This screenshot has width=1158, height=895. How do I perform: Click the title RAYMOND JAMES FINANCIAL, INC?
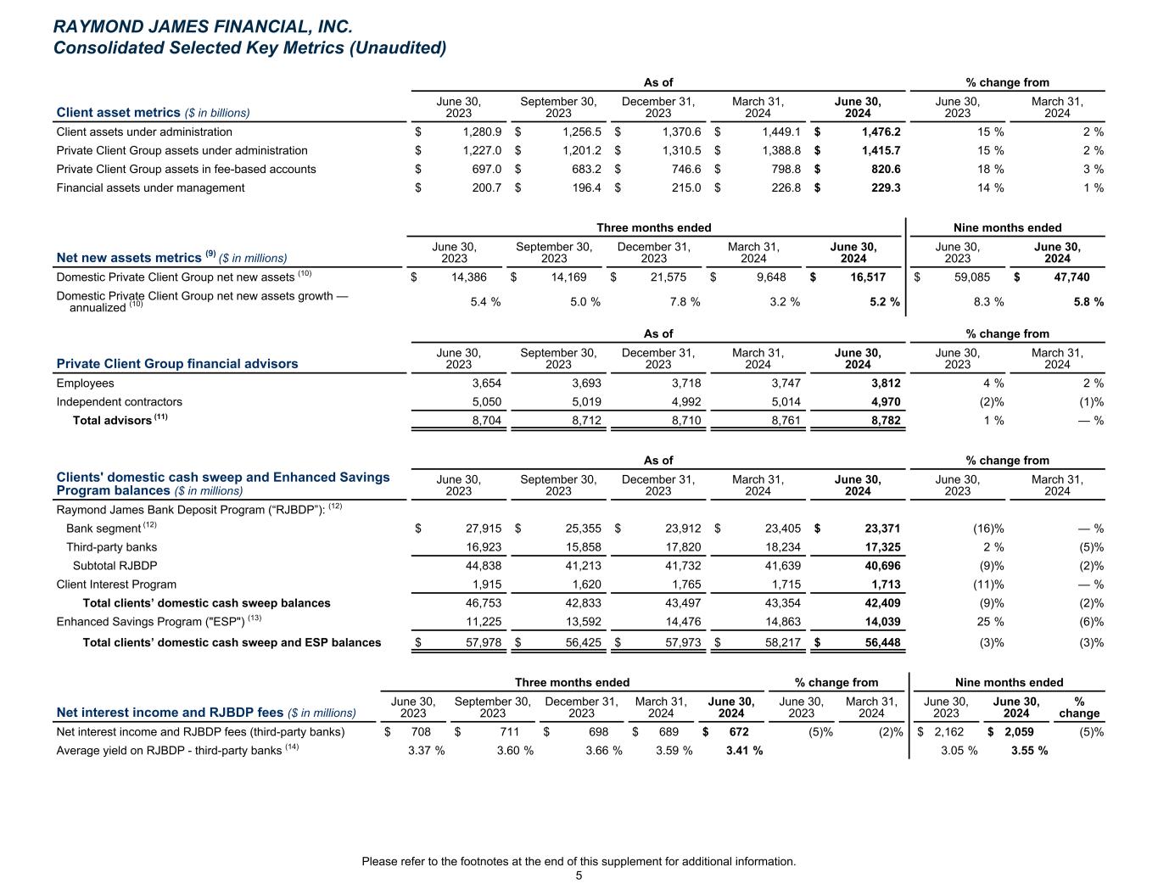click(202, 27)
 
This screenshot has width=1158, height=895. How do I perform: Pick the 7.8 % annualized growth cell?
click(683, 302)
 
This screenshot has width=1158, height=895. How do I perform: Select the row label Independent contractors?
click(119, 402)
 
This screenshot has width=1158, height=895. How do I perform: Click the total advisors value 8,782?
click(883, 421)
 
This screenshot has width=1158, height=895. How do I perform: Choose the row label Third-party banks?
click(111, 547)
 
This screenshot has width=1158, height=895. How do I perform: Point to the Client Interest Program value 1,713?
click(883, 585)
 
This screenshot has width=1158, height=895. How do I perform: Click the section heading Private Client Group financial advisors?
click(176, 364)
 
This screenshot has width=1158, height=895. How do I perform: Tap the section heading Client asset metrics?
click(118, 113)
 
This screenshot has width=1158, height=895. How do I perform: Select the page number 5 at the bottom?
click(579, 876)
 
